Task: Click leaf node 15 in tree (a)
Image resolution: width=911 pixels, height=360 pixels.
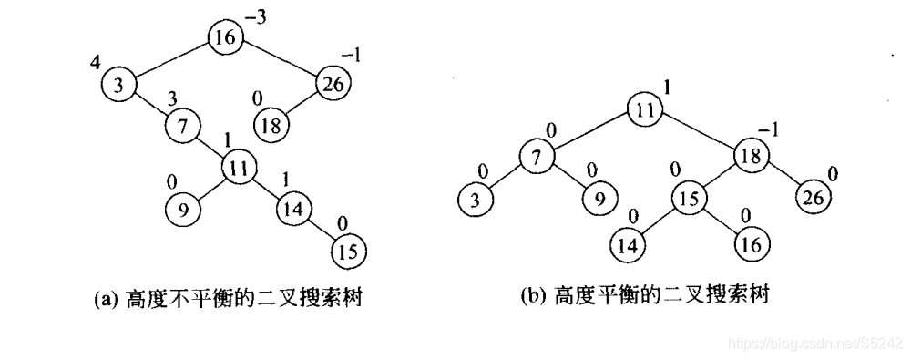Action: pyautogui.click(x=345, y=249)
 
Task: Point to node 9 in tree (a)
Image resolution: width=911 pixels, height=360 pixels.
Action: pyautogui.click(x=182, y=210)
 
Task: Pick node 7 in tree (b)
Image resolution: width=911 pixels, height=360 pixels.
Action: pyautogui.click(x=537, y=157)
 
